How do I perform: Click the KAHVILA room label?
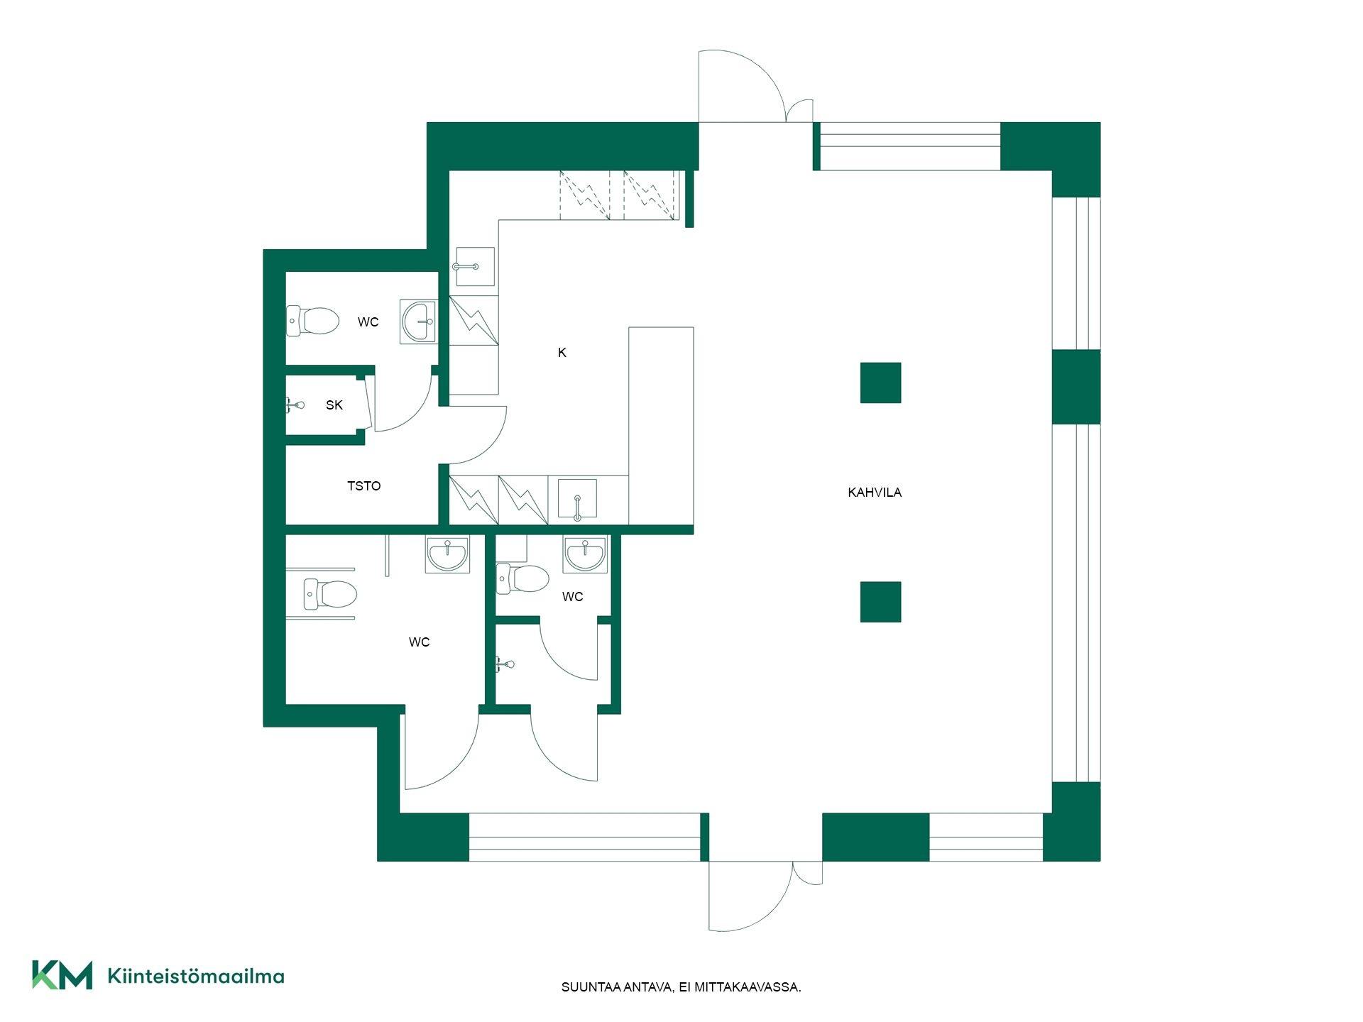coord(875,492)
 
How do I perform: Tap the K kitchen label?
coord(562,353)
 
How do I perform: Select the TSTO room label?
coord(363,486)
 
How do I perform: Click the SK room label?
coord(334,405)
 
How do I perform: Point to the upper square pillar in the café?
coord(881,383)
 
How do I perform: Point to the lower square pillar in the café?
coord(881,602)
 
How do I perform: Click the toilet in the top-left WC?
coord(313,321)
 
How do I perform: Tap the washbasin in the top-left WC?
coord(418,322)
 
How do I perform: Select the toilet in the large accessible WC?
coord(329,594)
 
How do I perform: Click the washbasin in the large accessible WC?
coord(448,554)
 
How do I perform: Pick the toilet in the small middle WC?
coord(522,578)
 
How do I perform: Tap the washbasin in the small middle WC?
coord(586,554)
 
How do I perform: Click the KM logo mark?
coord(62,974)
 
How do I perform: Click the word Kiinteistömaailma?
coord(196,976)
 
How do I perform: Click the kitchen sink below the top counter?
coord(474,266)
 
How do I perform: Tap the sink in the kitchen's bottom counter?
coord(577,498)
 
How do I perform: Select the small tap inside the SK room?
coord(295,405)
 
